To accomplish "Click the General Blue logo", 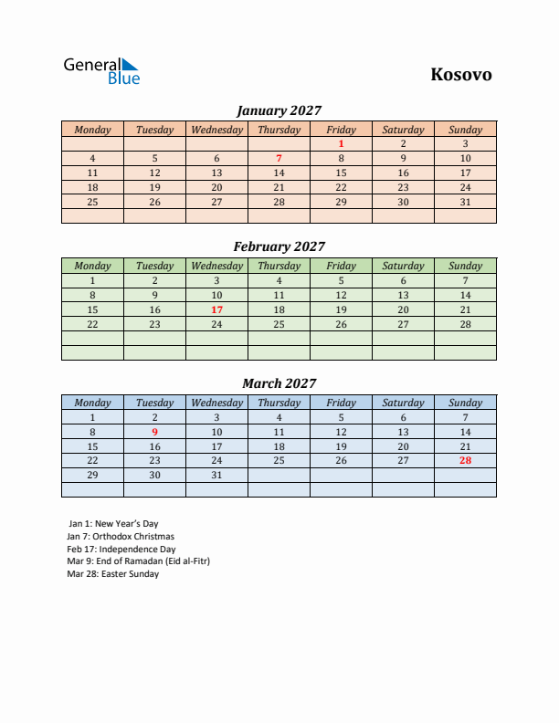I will pyautogui.click(x=100, y=71).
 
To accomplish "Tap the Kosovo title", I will pyautogui.click(x=460, y=75).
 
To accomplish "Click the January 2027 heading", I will pyautogui.click(x=279, y=110).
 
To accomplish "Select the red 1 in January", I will pyautogui.click(x=341, y=143).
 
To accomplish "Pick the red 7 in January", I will pyautogui.click(x=279, y=158).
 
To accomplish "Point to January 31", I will pyautogui.click(x=465, y=202).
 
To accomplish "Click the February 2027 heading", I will pyautogui.click(x=279, y=246).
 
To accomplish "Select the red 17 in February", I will pyautogui.click(x=216, y=309).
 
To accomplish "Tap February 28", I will pyautogui.click(x=465, y=324).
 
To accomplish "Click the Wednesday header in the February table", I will pyautogui.click(x=216, y=266).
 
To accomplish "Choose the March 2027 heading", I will pyautogui.click(x=279, y=383).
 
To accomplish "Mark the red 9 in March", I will pyautogui.click(x=154, y=432).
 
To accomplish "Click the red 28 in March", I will pyautogui.click(x=465, y=461).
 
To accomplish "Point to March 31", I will pyautogui.click(x=216, y=476).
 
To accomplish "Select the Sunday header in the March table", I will pyautogui.click(x=465, y=403).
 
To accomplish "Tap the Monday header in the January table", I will pyautogui.click(x=92, y=130).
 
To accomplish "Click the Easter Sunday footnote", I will pyautogui.click(x=113, y=574).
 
